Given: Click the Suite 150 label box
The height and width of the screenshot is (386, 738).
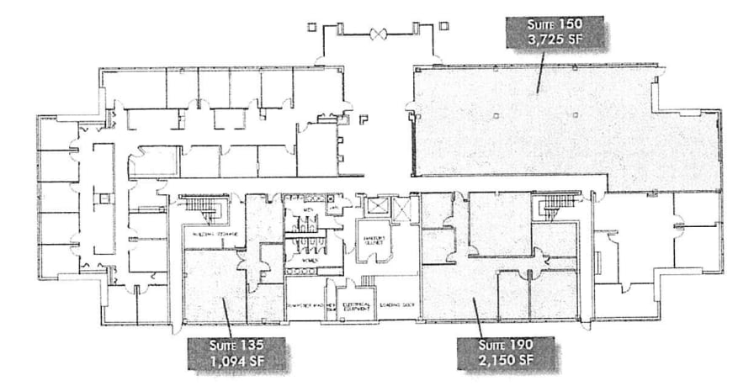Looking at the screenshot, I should [x=551, y=33].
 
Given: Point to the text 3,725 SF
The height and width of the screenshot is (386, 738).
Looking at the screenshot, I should [x=552, y=41].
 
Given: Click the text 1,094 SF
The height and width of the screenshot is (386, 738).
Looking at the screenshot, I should [x=237, y=363].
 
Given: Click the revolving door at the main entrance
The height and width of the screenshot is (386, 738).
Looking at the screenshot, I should [x=377, y=34].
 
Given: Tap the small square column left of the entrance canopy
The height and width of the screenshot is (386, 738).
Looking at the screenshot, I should [x=312, y=27].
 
